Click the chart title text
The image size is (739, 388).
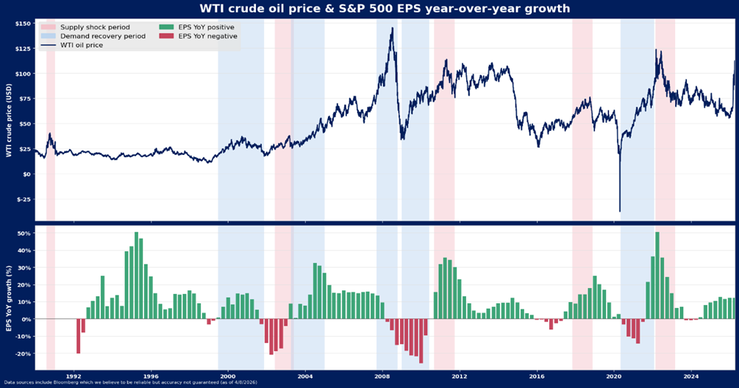(369, 9)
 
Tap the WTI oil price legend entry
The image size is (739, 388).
(81, 45)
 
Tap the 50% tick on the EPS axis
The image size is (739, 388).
(24, 234)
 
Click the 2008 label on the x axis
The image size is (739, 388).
(382, 376)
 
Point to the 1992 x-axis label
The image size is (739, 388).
(74, 376)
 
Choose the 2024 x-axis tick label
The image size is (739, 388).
(690, 376)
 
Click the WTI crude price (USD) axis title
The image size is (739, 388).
(7, 119)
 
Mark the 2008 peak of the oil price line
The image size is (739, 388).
(392, 29)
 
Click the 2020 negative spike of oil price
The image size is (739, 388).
(620, 211)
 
